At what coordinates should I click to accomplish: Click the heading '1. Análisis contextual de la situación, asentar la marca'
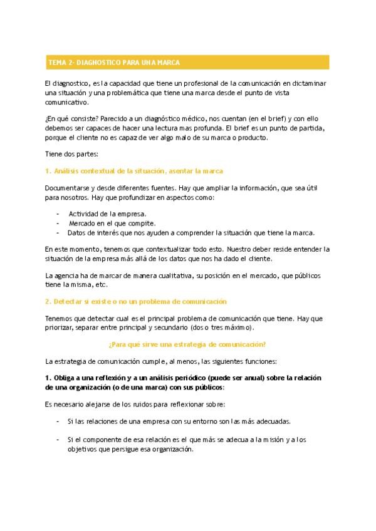point(135,171)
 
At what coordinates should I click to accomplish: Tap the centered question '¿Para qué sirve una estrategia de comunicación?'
point(187,344)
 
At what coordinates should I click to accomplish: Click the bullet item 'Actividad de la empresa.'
point(98,214)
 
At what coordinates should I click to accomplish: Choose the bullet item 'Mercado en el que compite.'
point(104,224)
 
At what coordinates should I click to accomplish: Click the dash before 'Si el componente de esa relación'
point(58,440)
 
